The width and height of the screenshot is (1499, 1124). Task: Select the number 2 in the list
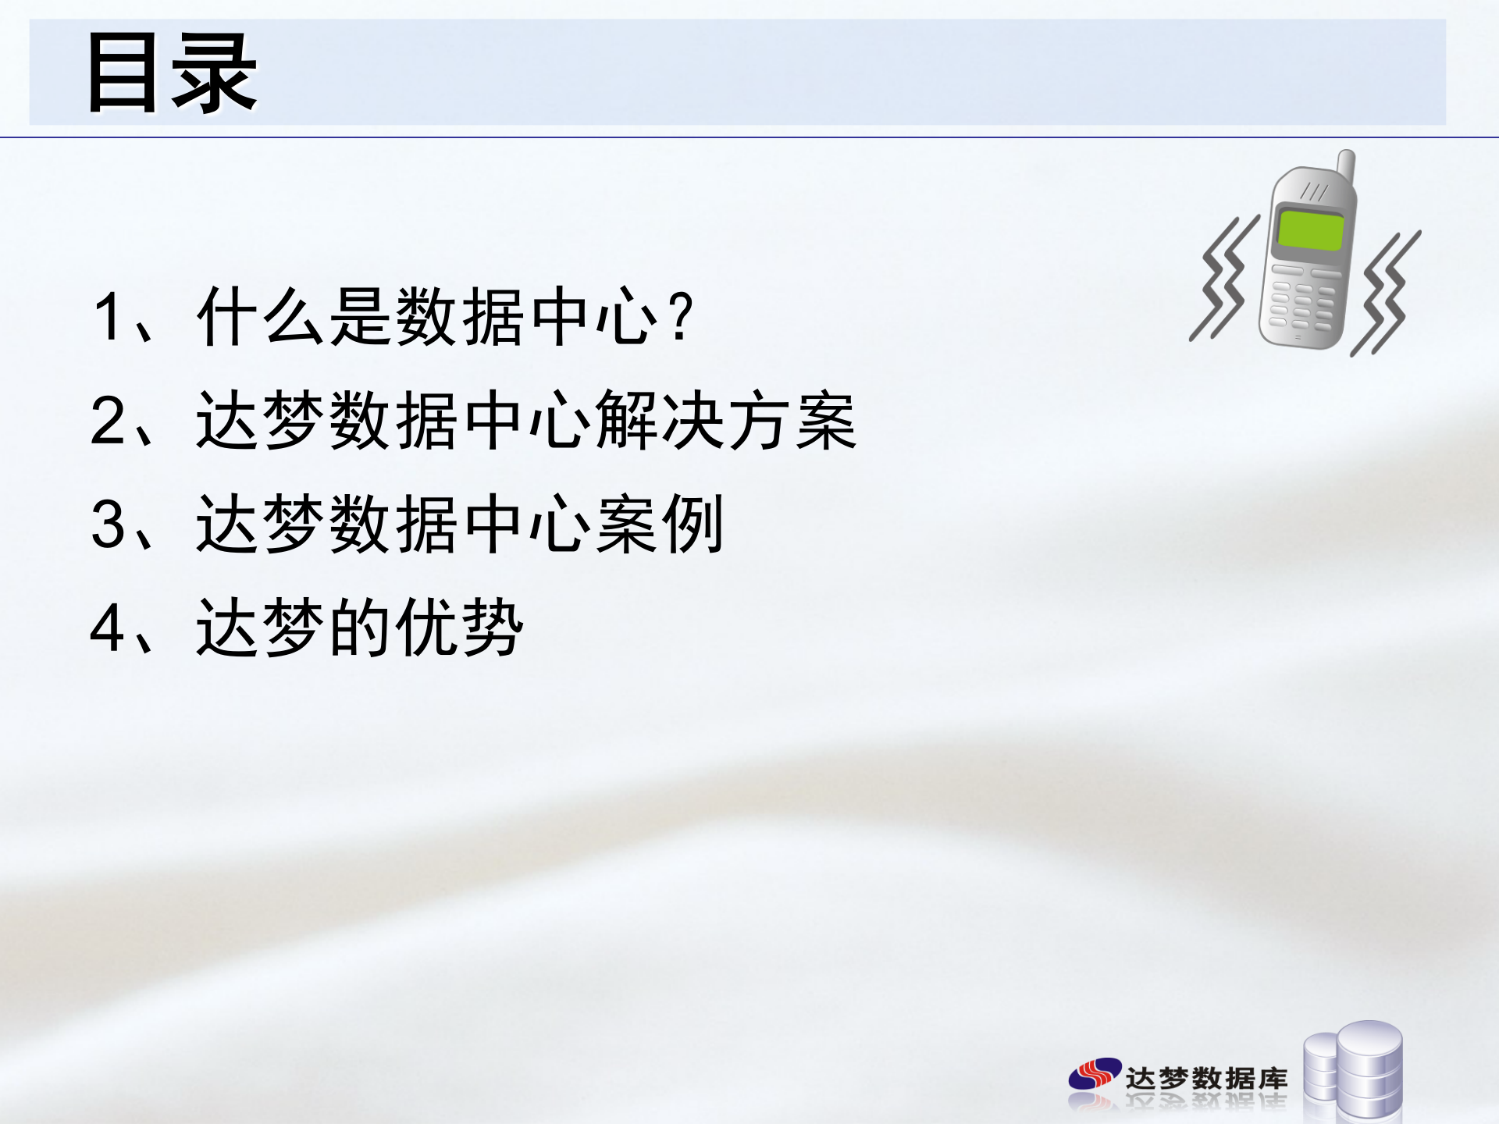tap(108, 421)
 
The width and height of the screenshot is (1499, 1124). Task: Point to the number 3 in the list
tap(108, 525)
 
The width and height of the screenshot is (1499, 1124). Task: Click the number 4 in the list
tap(108, 628)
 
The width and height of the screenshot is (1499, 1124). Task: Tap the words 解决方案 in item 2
tap(726, 421)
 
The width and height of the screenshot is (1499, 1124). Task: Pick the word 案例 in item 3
tap(660, 525)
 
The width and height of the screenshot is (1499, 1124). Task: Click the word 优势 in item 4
tap(460, 628)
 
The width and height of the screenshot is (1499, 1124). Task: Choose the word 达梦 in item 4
tap(260, 628)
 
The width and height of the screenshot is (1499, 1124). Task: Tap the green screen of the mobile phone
tap(1310, 230)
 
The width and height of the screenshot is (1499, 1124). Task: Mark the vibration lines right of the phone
tap(1387, 293)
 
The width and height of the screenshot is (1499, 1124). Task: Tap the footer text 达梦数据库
tap(1206, 1078)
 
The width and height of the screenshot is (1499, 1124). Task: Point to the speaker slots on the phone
tap(1314, 192)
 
